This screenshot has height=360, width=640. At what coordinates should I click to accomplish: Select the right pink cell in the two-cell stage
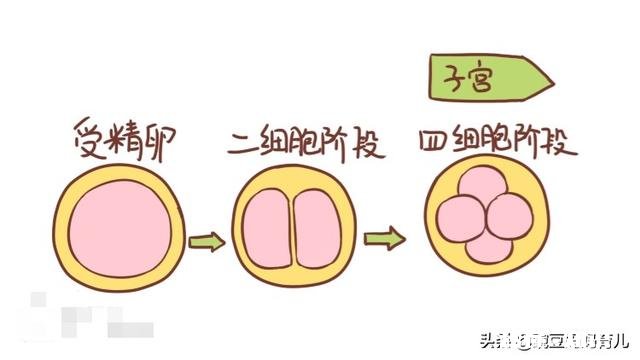308,231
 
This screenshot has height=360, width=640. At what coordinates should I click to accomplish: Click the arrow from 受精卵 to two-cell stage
207,241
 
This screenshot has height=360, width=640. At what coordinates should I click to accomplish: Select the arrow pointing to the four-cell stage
385,239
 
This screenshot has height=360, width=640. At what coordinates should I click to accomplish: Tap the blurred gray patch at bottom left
75,318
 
